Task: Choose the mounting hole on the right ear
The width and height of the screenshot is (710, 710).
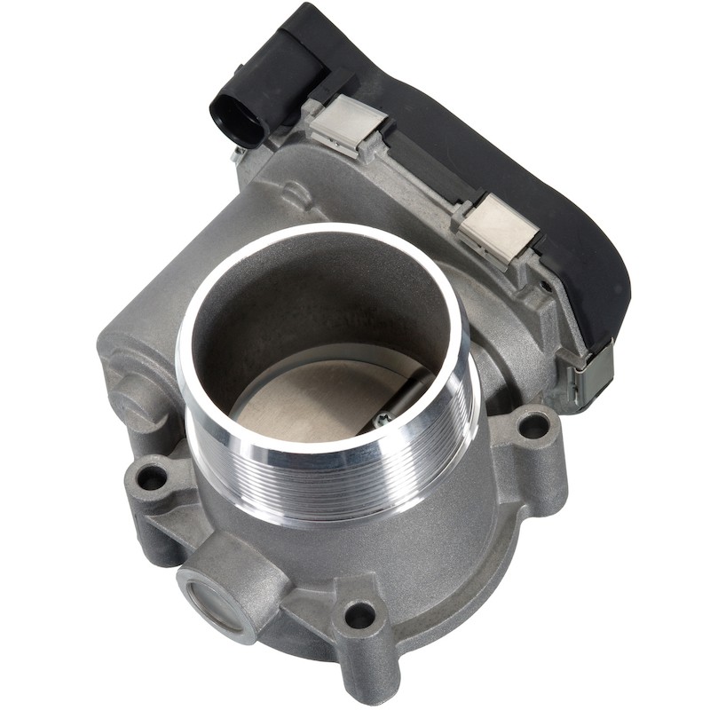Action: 532,424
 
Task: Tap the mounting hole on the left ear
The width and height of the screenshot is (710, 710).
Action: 152,477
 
